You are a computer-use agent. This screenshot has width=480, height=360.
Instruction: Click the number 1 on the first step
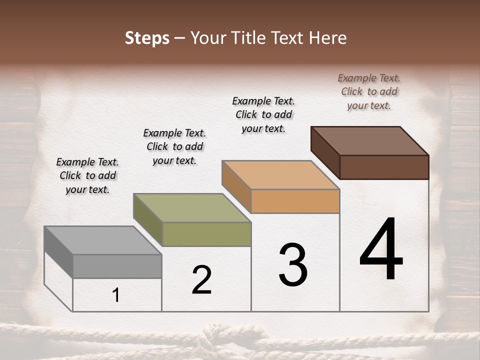(116, 295)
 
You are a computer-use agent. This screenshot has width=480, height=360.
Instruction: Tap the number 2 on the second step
(201, 280)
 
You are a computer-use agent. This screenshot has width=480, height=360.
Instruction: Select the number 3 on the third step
(292, 265)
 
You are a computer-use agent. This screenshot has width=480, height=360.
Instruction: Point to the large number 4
(381, 250)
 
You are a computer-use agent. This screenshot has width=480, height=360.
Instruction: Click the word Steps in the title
(147, 38)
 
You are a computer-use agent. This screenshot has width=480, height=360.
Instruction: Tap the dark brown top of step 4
(369, 140)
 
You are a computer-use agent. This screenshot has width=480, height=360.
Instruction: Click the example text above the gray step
(87, 175)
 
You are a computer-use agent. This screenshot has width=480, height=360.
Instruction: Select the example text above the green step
(174, 146)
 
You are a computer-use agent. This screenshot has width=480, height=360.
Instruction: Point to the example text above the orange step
(263, 114)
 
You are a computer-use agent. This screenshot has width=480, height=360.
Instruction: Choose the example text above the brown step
(369, 91)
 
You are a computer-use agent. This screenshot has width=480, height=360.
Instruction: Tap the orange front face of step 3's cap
(295, 201)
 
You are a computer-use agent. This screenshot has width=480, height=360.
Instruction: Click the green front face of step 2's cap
(206, 234)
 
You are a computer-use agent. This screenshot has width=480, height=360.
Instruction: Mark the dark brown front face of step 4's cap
(384, 167)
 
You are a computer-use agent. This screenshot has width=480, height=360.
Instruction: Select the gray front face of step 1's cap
(117, 266)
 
